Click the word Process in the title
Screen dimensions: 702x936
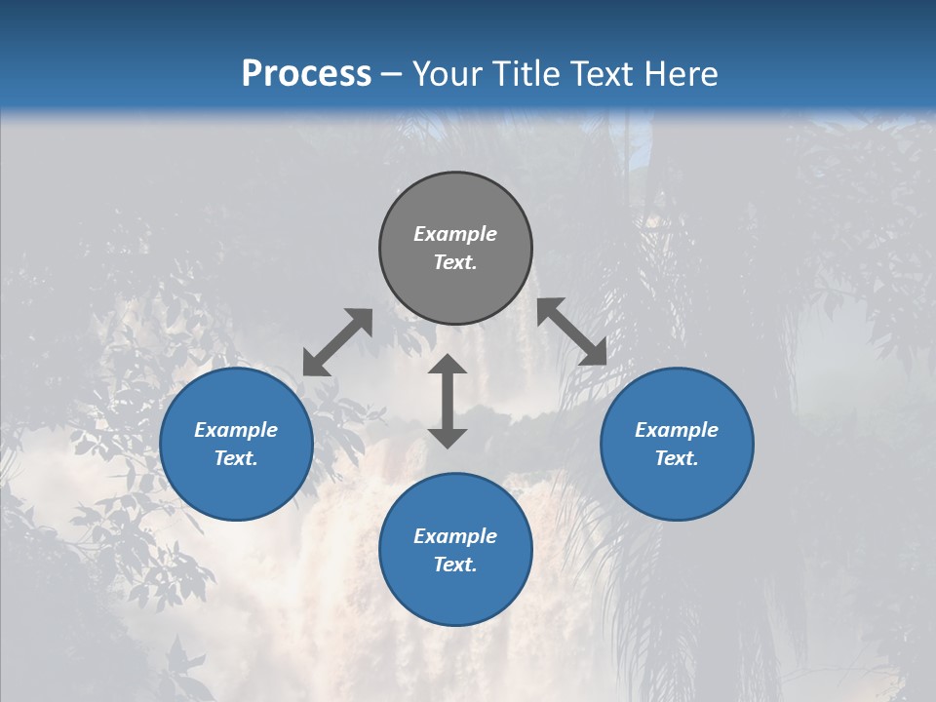point(306,74)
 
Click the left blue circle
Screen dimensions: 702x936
point(236,487)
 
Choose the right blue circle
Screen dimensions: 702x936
point(677,487)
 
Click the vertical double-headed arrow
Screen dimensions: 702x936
point(448,402)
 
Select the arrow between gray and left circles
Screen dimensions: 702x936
point(337,342)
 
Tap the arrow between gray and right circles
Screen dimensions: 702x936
point(571,331)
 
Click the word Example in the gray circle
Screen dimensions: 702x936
point(455,234)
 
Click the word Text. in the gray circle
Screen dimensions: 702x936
point(455,262)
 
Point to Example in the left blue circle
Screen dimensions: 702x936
point(236,430)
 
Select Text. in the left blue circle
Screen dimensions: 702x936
point(236,458)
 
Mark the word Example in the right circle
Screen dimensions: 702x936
point(677,430)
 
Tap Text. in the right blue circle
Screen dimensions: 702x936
point(677,458)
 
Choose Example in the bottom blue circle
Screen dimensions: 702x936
point(455,536)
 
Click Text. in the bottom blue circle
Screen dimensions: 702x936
point(455,565)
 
